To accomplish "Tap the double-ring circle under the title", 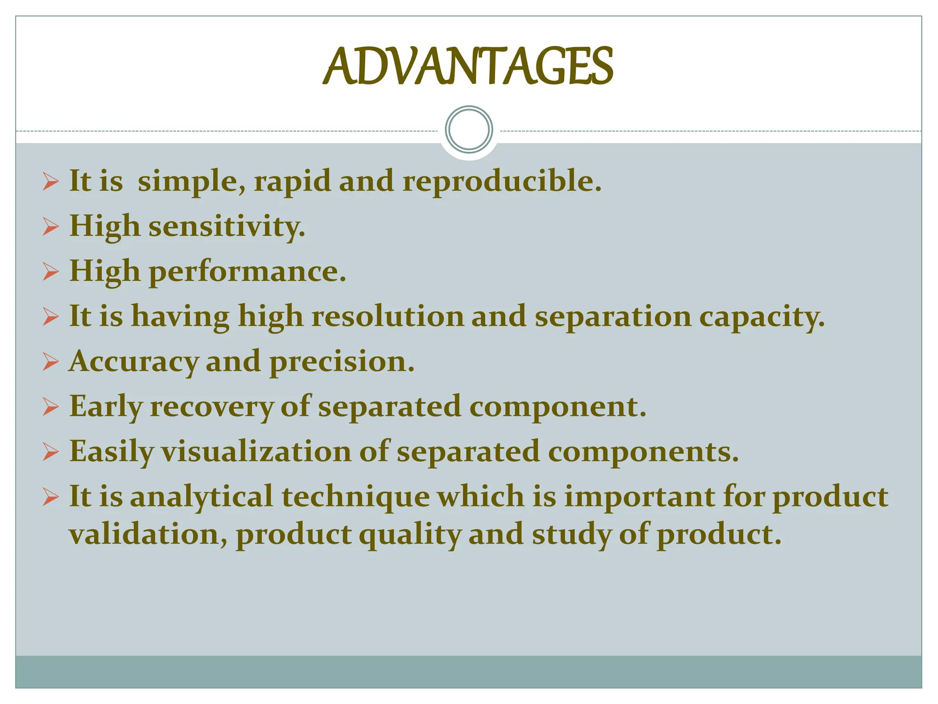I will (469, 129).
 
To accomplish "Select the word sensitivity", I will (226, 226).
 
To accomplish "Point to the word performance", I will (247, 272).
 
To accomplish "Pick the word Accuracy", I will (133, 362).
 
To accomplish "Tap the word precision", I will (342, 362).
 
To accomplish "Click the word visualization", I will (256, 451).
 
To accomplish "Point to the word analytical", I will (202, 497).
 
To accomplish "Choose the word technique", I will (355, 497).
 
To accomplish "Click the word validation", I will (147, 534).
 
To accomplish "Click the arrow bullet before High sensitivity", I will (51, 226).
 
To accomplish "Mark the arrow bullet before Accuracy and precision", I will (51, 362).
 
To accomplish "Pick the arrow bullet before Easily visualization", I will (51, 452).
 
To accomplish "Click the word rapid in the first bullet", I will (292, 182).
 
